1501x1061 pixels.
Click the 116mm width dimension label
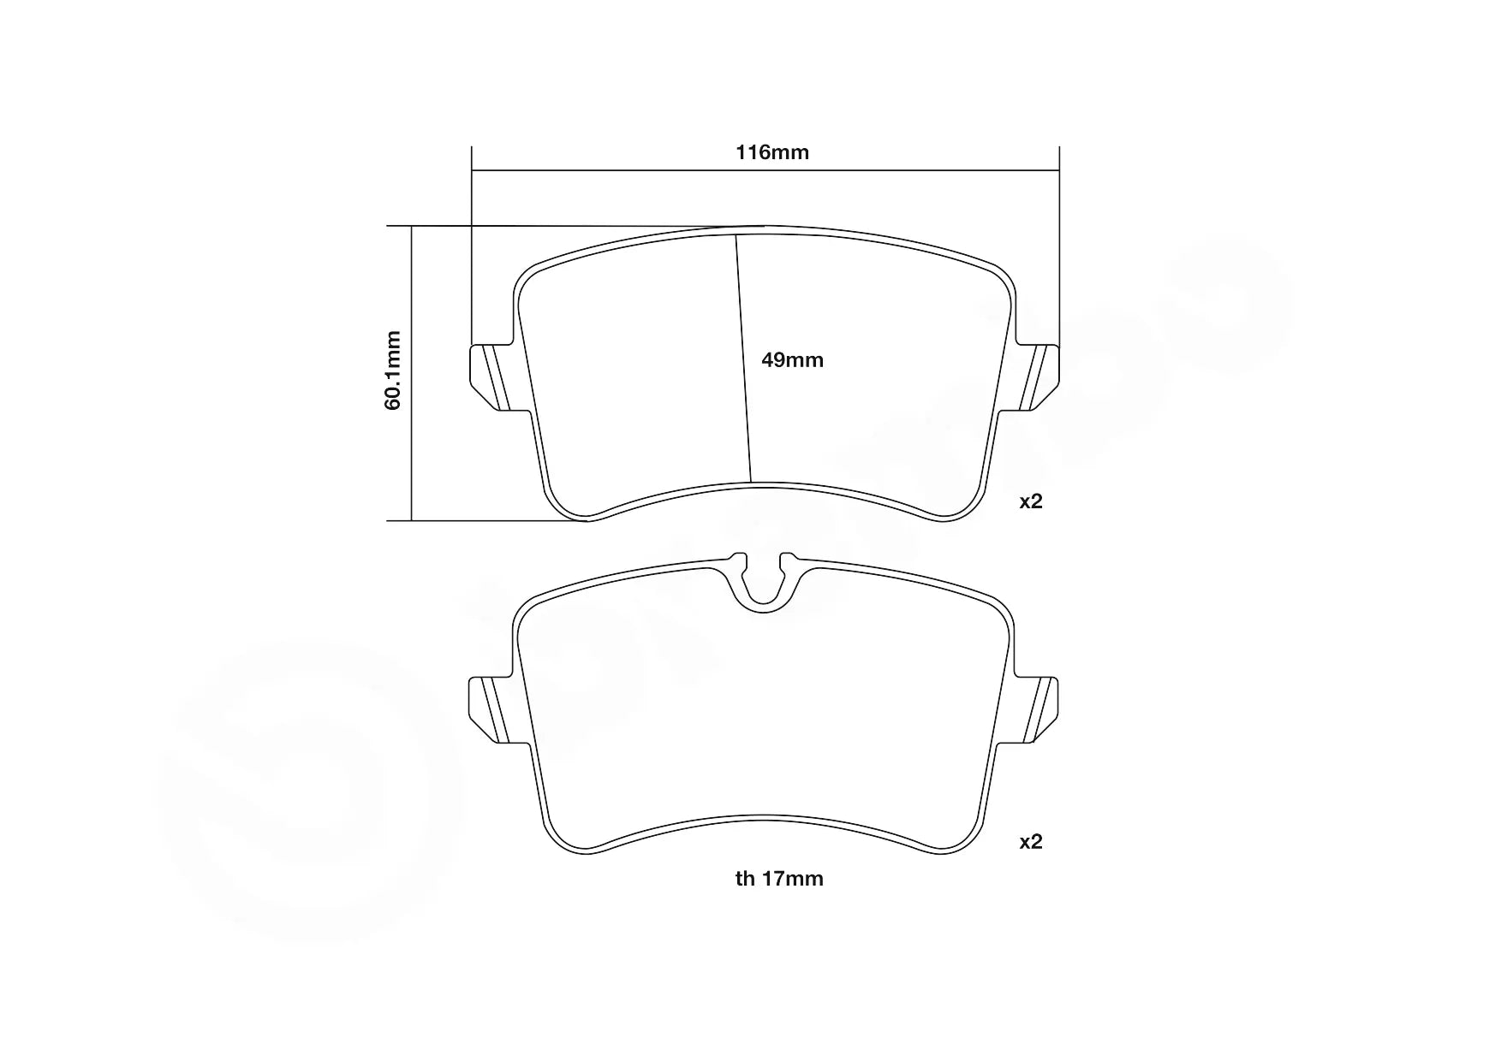click(772, 153)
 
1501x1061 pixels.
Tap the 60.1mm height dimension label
click(393, 370)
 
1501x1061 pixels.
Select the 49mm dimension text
click(792, 360)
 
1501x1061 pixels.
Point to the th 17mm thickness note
click(779, 879)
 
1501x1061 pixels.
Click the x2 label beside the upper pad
click(1031, 501)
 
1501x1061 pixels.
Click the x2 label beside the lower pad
click(1031, 842)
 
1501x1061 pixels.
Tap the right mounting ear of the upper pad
click(1040, 376)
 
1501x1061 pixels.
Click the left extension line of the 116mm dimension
click(472, 257)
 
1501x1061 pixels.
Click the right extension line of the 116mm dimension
click(1059, 257)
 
